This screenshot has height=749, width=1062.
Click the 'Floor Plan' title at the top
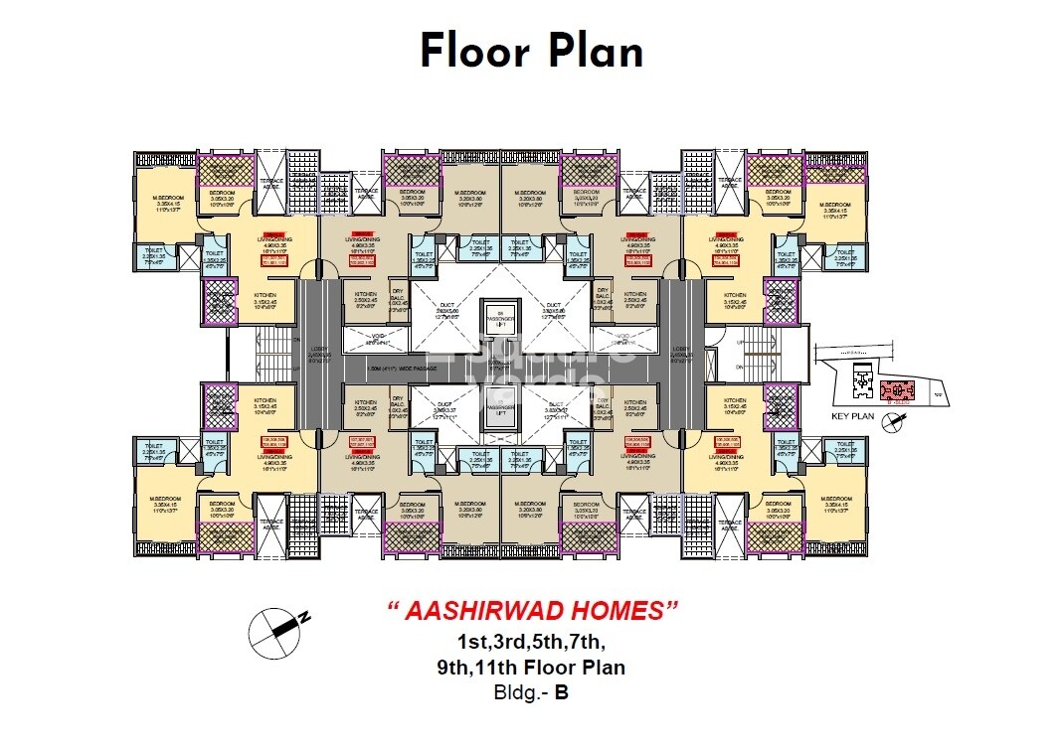531,51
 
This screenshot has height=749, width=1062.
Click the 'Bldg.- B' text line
531,693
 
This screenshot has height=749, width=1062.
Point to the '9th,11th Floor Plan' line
531,667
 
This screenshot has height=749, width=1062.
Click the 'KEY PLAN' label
852,417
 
